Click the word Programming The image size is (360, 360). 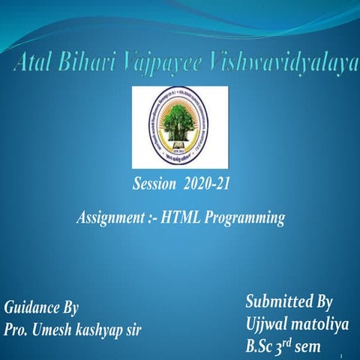pyautogui.click(x=248, y=218)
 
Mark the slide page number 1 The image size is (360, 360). pyautogui.click(x=340, y=355)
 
